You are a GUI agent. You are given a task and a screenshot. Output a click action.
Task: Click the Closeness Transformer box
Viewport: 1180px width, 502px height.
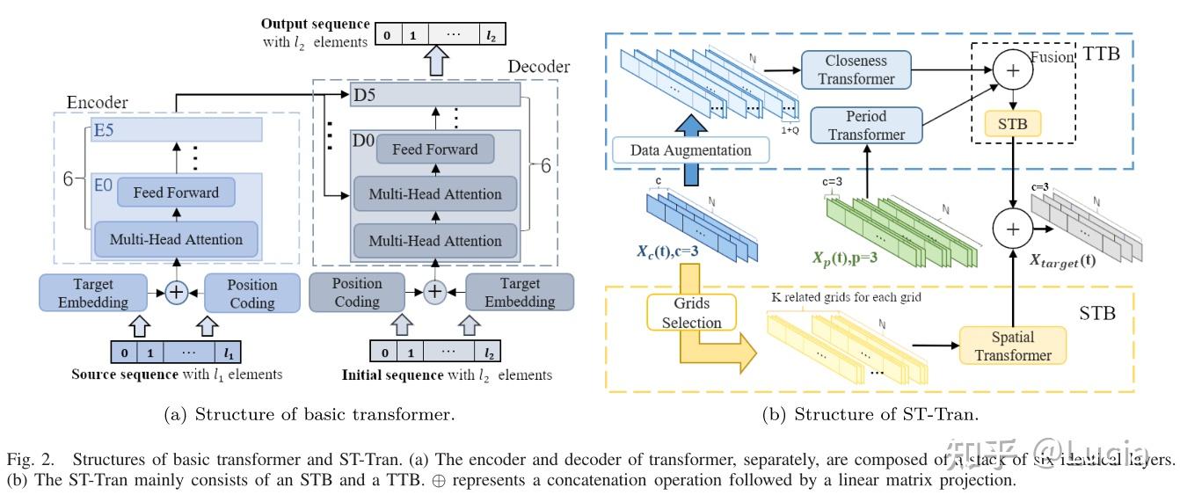[x=856, y=70]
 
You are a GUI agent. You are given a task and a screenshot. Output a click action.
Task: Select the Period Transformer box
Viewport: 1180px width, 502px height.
[x=867, y=125]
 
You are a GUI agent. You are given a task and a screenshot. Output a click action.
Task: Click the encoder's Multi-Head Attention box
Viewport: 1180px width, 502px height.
[x=177, y=237]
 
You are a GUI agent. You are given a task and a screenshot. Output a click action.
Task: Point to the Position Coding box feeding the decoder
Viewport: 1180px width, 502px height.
[x=357, y=294]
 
